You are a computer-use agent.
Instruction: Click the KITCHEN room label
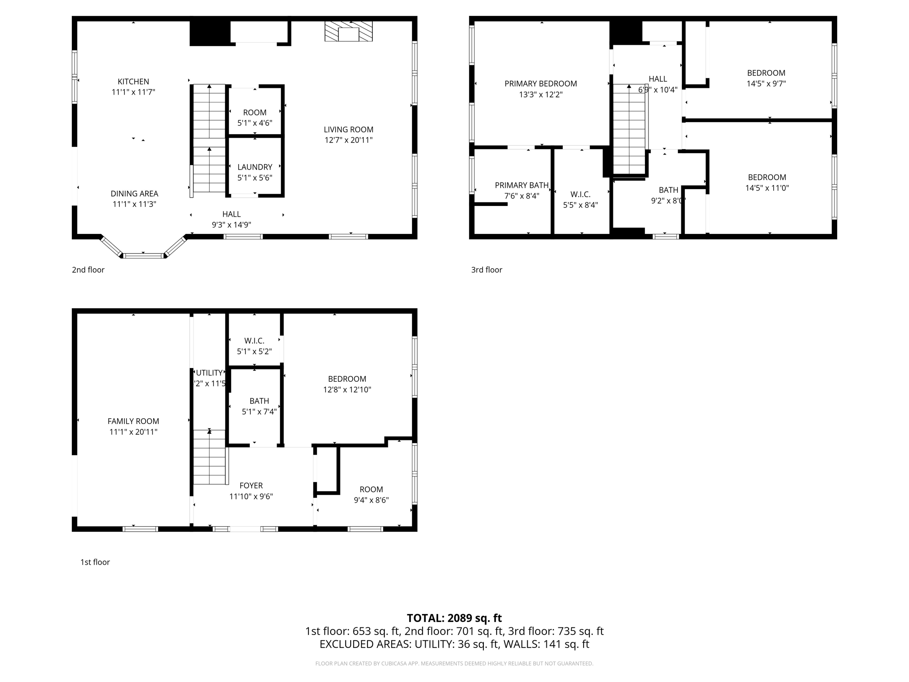pos(133,82)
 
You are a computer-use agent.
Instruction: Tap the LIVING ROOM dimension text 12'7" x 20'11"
pos(348,140)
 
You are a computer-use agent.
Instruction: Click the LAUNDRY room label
pos(255,167)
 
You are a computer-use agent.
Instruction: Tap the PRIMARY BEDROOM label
pos(541,83)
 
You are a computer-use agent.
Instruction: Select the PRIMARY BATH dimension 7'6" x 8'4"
pos(522,196)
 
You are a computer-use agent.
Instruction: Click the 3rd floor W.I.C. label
pos(580,194)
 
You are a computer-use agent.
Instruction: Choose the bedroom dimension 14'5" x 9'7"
pos(766,83)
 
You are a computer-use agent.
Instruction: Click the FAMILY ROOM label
pos(133,421)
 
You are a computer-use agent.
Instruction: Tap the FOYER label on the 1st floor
pos(251,486)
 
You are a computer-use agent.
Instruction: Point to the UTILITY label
pos(209,373)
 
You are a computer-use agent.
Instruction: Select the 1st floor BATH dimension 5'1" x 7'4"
pos(259,412)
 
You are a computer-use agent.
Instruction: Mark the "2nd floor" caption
pos(88,270)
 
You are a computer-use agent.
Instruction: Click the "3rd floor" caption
pos(486,270)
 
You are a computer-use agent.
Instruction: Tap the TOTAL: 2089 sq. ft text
pos(454,618)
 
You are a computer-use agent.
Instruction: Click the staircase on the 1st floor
pos(209,457)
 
